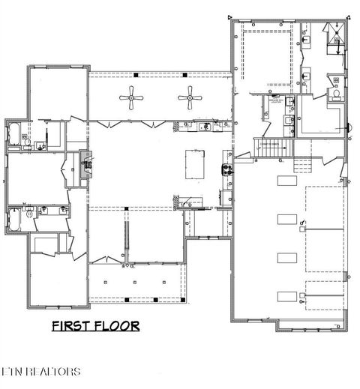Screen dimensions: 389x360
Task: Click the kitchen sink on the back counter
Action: (x=202, y=126)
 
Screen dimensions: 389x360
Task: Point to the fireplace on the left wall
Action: (x=85, y=161)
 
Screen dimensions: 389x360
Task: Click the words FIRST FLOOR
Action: (x=95, y=325)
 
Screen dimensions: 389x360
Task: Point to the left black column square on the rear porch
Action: (x=135, y=76)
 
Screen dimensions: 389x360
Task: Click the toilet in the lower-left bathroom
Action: (x=28, y=214)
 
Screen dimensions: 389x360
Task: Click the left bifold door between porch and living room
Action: (x=103, y=122)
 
